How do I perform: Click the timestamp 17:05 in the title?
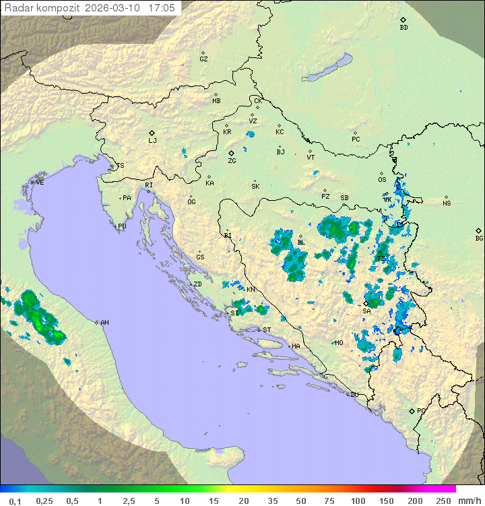(x=162, y=8)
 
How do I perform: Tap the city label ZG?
(x=232, y=161)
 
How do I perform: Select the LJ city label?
(x=152, y=141)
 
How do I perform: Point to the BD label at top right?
(x=403, y=28)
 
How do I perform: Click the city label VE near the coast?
(x=40, y=183)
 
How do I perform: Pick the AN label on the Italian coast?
(x=104, y=323)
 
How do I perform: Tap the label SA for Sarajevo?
(x=366, y=311)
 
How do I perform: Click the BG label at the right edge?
(x=479, y=239)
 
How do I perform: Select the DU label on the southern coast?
(x=354, y=395)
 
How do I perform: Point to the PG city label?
(x=421, y=410)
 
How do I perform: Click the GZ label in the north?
(x=203, y=59)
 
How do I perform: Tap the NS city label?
(x=447, y=203)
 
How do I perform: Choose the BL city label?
(x=301, y=243)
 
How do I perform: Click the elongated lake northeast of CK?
(x=327, y=67)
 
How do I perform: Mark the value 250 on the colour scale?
(x=443, y=501)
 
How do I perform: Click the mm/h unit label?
(x=469, y=501)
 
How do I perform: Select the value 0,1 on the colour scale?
(x=15, y=501)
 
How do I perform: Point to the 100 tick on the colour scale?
(x=358, y=501)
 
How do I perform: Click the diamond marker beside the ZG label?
(x=231, y=153)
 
